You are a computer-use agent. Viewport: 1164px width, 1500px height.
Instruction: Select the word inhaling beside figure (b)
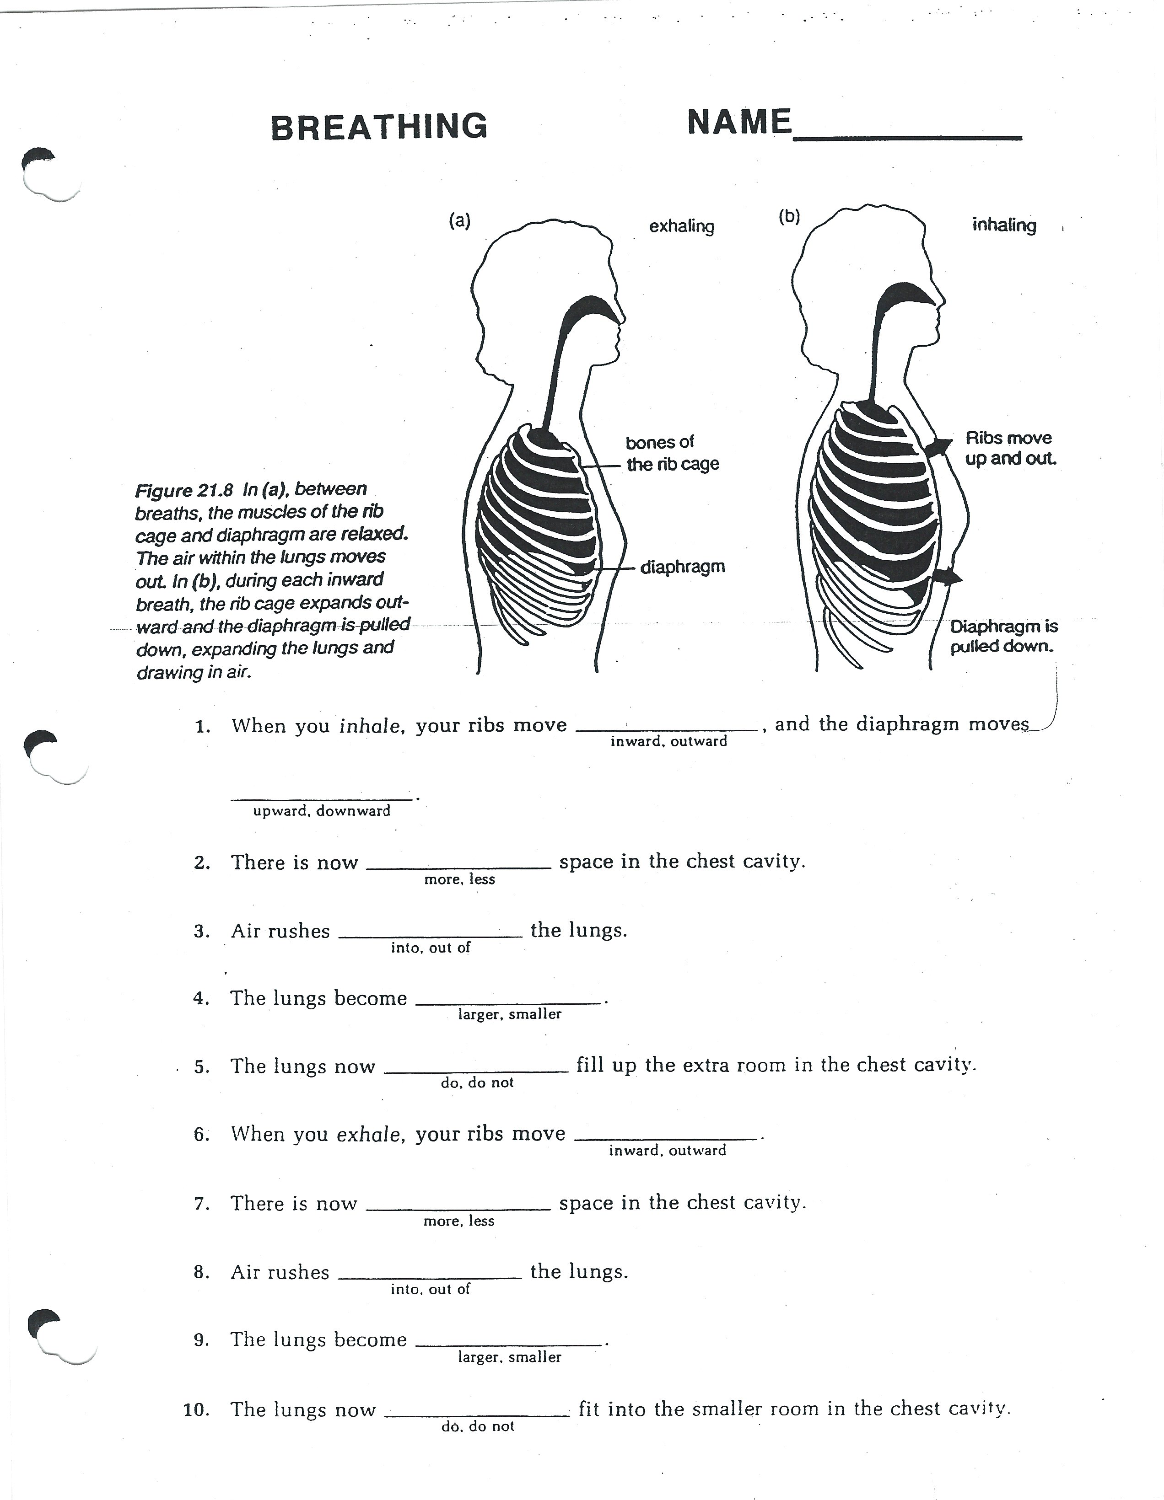(x=1004, y=225)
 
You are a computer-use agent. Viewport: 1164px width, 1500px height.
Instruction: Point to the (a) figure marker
(x=459, y=220)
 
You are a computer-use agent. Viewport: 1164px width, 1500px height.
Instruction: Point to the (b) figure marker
(x=789, y=217)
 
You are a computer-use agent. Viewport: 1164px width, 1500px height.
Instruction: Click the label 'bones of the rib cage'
(x=671, y=453)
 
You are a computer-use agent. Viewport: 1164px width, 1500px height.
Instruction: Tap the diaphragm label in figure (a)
(x=682, y=568)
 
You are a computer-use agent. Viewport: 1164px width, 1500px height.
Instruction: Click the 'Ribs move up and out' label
(x=1009, y=449)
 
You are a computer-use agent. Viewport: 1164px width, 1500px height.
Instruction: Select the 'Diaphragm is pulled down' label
(x=1003, y=637)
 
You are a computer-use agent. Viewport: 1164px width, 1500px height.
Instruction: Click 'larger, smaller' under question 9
(x=509, y=1357)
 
